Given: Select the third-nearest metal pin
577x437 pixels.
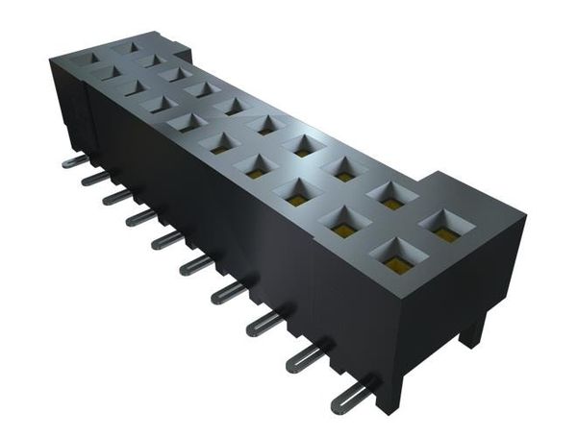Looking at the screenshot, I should [264, 324].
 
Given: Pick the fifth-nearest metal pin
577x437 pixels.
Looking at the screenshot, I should [196, 263].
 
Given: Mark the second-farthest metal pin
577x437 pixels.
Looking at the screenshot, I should [94, 178].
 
